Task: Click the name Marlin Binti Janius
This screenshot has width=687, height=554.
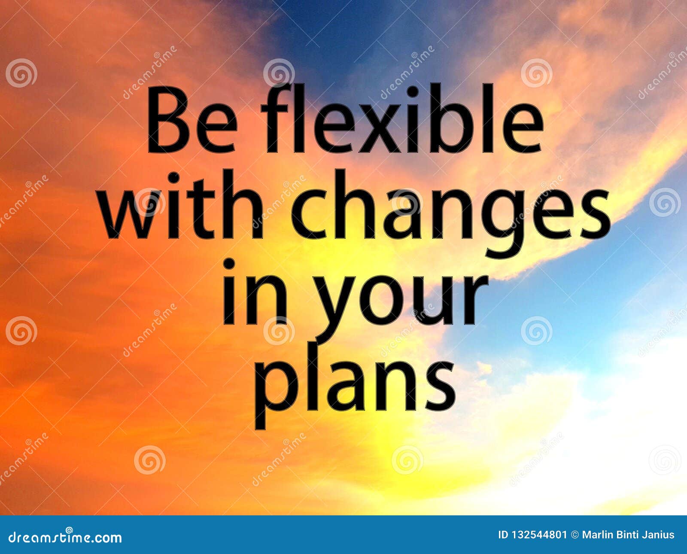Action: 628,535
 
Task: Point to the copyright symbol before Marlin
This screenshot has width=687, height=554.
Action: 575,535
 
